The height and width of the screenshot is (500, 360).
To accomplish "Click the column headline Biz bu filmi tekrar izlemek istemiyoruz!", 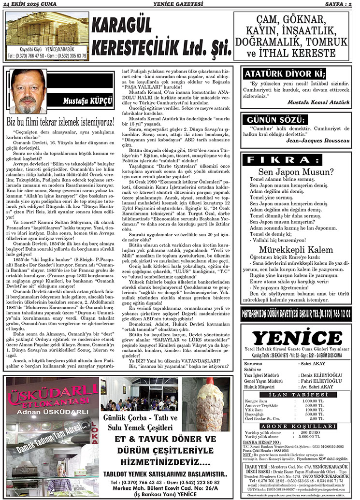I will pyautogui.click(x=61, y=121).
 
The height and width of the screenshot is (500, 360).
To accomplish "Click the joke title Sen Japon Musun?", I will pyautogui.click(x=296, y=171).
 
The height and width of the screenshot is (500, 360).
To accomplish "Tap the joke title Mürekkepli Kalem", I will pyautogui.click(x=296, y=250).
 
